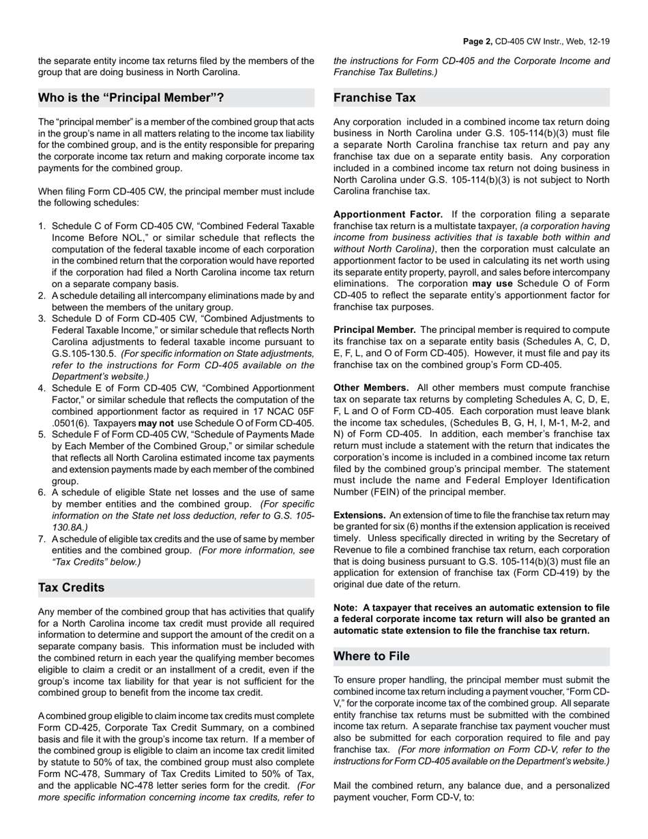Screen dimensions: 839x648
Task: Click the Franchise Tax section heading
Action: [374, 98]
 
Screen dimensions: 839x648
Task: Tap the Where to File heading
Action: [372, 656]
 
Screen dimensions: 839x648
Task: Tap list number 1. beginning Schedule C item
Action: [42, 226]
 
